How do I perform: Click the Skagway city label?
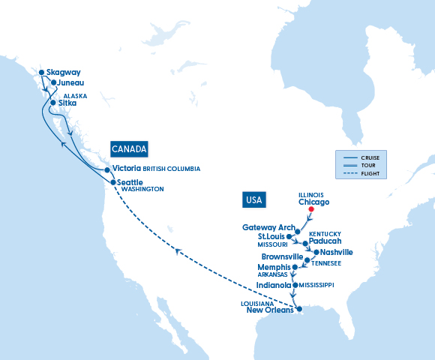(63, 73)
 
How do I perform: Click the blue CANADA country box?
(129, 148)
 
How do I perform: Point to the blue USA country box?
(254, 199)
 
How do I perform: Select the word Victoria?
(127, 169)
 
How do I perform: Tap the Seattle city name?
(129, 181)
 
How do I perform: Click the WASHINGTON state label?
(142, 190)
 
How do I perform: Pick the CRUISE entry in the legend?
(370, 156)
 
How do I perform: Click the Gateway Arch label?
(268, 227)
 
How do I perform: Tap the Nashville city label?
(335, 253)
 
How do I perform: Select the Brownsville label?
(283, 256)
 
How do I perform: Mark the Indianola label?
(273, 285)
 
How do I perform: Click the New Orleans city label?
(270, 310)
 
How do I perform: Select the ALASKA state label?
(75, 96)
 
